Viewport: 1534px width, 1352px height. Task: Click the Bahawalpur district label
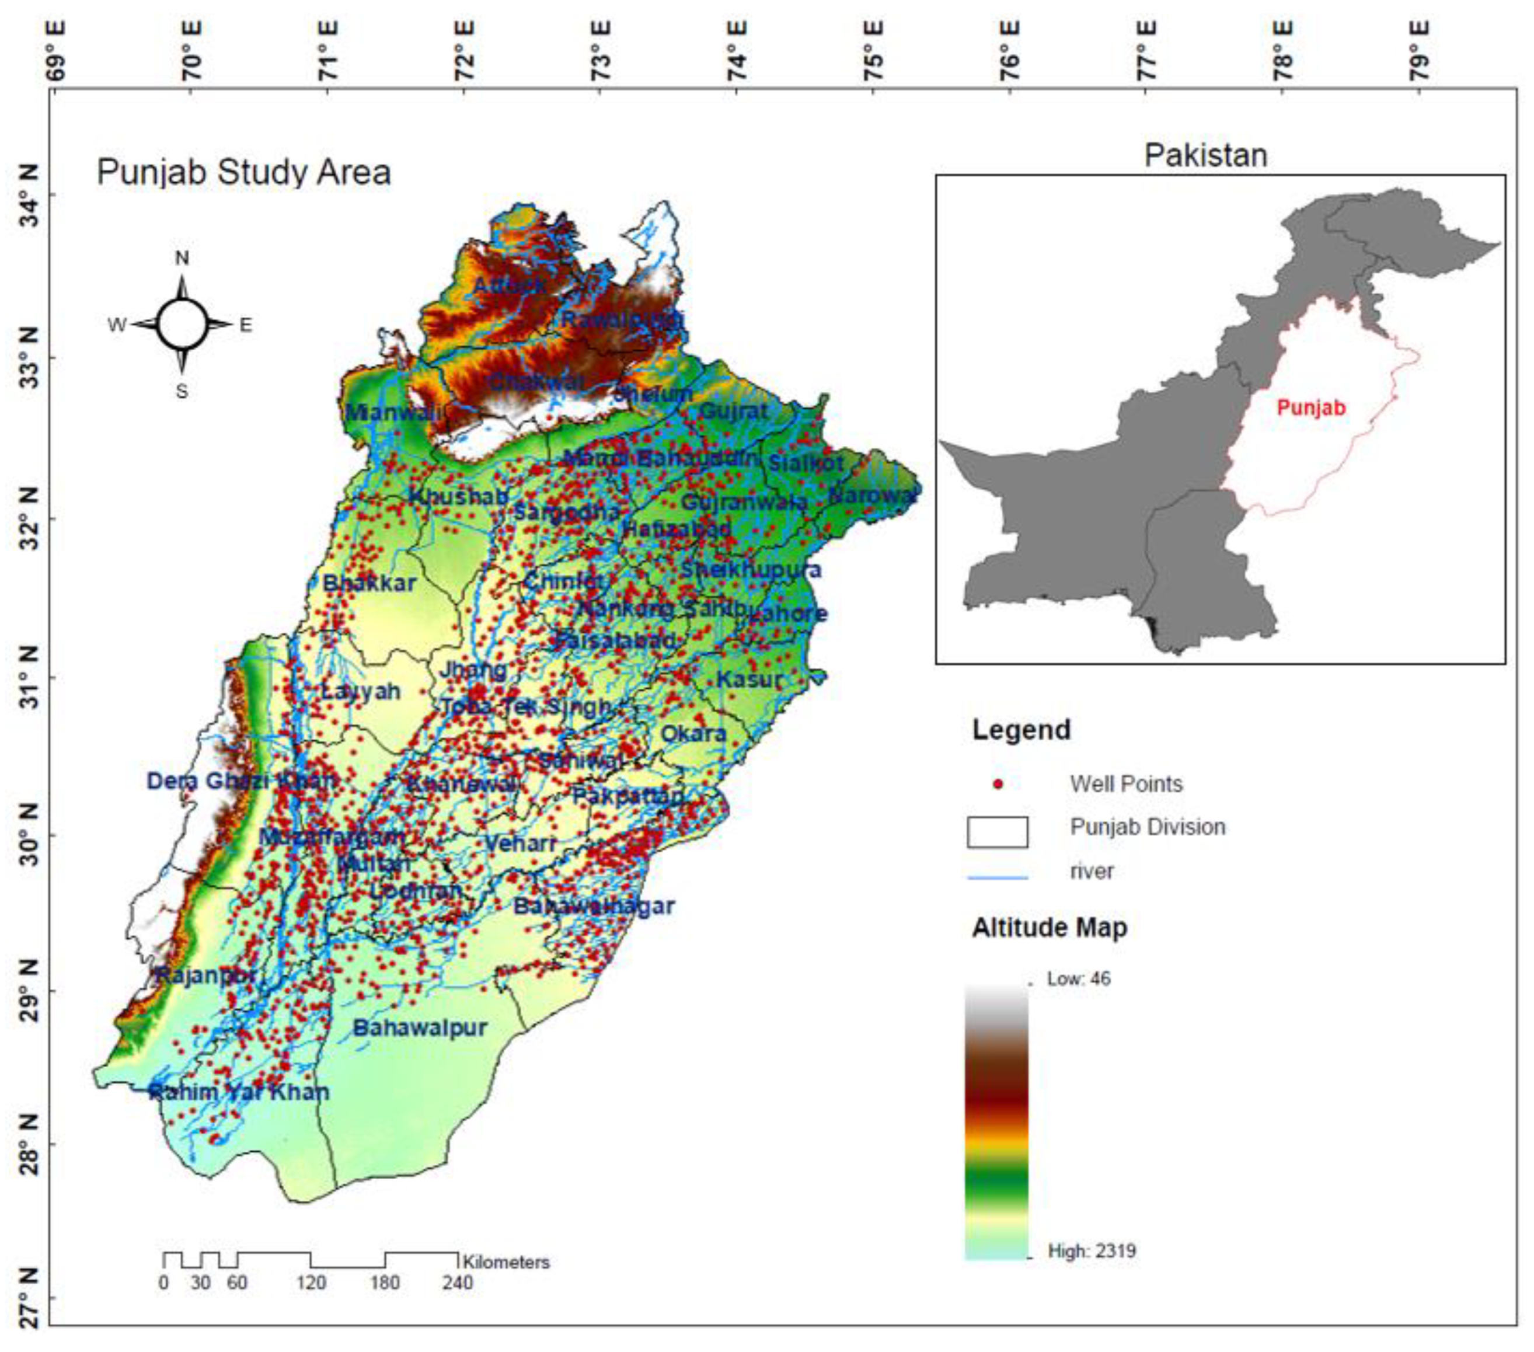(420, 1027)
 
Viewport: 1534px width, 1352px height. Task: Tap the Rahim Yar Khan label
(239, 1092)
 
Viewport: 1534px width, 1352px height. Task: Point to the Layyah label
(361, 691)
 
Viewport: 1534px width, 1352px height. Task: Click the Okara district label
(693, 733)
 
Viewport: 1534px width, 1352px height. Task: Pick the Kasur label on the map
(749, 680)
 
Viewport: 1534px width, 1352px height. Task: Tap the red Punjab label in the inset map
(1311, 409)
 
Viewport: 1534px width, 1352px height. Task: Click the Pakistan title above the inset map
(1205, 155)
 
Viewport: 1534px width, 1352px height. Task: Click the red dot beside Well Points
(998, 785)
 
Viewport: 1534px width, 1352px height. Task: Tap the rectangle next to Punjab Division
(998, 832)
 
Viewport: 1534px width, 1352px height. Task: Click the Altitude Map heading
(1049, 928)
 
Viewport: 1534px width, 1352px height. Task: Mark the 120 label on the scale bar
(311, 1283)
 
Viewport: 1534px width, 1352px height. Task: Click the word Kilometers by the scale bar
(507, 1263)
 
